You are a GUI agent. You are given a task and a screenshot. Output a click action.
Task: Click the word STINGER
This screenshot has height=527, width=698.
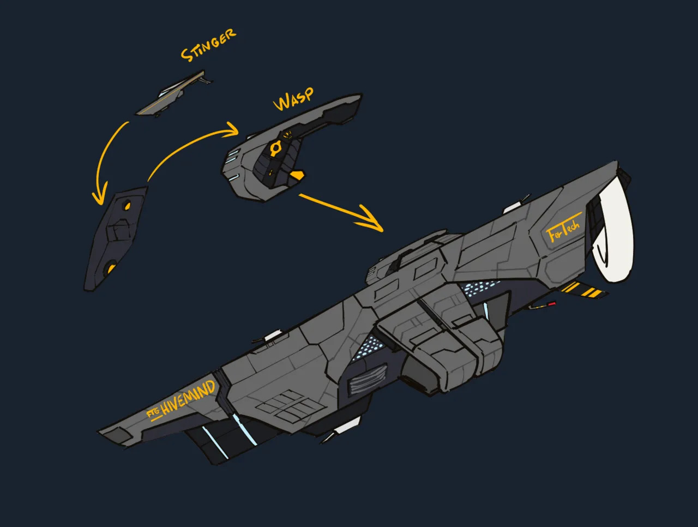tap(208, 45)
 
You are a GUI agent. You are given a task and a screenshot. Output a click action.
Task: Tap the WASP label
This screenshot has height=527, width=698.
tap(293, 99)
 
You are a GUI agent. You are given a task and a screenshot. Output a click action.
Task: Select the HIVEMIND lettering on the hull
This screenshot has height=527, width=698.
tap(188, 398)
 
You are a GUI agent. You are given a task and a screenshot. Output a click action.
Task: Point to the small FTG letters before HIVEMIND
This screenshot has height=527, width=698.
tap(153, 413)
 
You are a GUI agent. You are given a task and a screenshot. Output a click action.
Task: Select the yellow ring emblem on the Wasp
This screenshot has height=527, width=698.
tap(275, 148)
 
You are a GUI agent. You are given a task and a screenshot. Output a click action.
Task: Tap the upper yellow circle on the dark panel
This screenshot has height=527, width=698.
tap(128, 206)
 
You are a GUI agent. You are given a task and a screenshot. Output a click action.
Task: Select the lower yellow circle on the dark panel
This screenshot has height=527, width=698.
tap(110, 268)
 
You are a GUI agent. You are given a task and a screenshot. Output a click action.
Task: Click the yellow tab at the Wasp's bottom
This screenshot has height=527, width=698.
tap(297, 175)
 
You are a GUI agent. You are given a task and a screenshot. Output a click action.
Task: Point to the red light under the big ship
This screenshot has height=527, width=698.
tap(552, 304)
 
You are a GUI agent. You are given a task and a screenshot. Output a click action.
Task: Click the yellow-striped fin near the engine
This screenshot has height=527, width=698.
tap(583, 290)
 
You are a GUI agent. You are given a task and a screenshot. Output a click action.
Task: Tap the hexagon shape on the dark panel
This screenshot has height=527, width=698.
tap(118, 230)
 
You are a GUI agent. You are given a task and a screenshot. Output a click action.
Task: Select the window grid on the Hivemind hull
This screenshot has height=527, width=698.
tap(291, 406)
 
